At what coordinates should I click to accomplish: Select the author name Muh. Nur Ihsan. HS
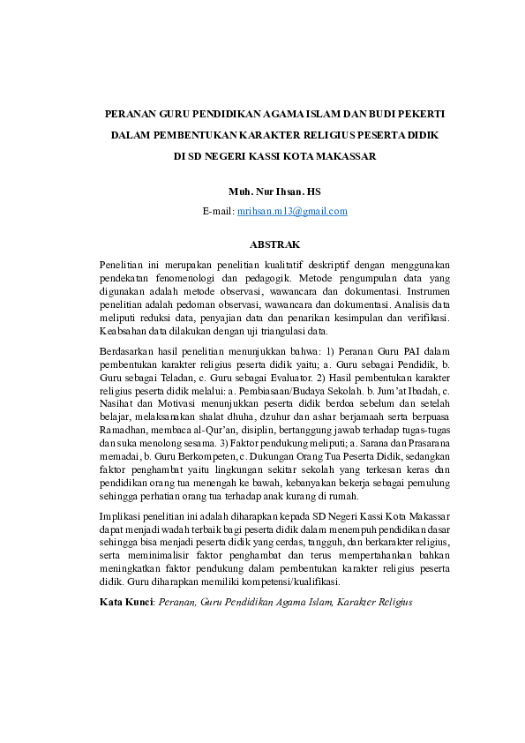pos(262,191)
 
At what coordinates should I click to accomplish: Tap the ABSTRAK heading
pos(262,243)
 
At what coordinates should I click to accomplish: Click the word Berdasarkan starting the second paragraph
pos(127,351)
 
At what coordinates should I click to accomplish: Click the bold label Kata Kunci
pos(126,603)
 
